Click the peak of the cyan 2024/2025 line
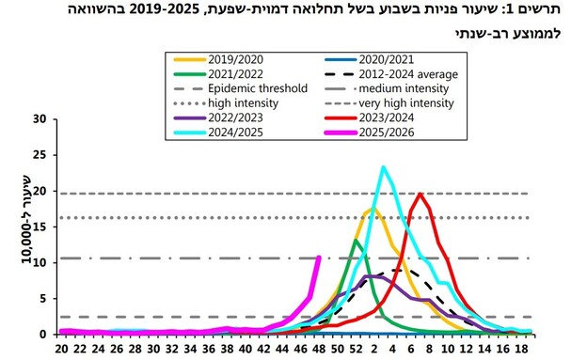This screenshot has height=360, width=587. point(383,167)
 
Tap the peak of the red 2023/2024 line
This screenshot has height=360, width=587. point(420,194)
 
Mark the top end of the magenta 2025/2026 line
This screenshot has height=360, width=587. point(319,258)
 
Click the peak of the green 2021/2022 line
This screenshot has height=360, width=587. point(356,241)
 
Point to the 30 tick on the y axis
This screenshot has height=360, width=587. point(40,119)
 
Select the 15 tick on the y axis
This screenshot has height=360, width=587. point(40,227)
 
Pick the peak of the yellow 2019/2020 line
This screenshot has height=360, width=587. point(373,209)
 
